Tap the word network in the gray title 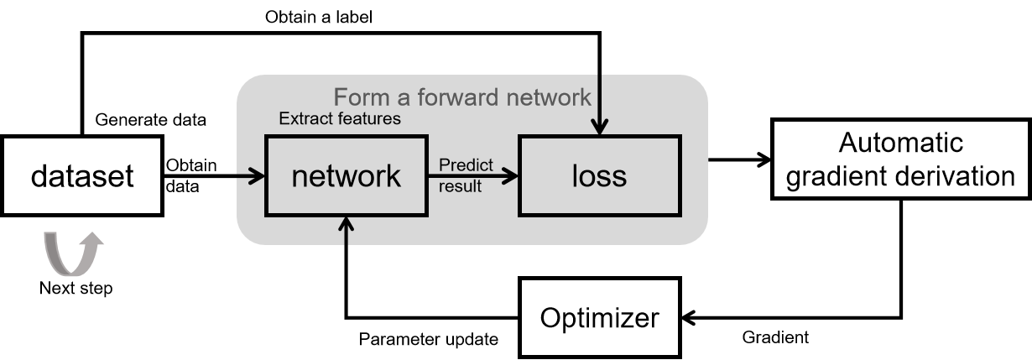point(549,97)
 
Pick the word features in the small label point(370,119)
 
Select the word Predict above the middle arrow point(466,165)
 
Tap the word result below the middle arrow point(460,186)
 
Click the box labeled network point(346,176)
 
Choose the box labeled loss point(599,176)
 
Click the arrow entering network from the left point(249,176)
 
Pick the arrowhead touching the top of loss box point(598,128)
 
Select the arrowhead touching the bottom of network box point(347,223)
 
